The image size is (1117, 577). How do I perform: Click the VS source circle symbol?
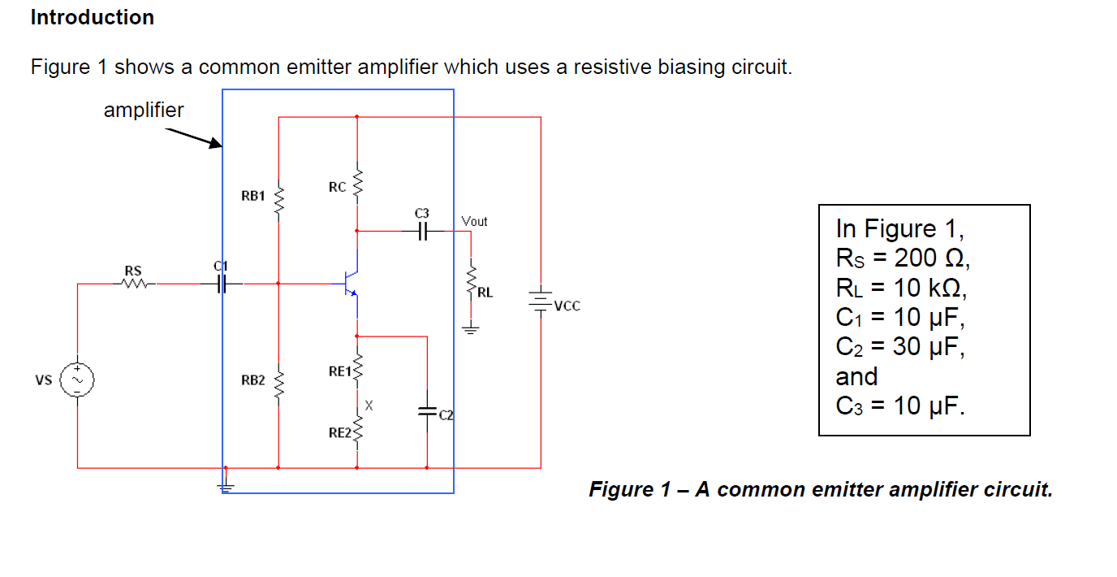click(78, 380)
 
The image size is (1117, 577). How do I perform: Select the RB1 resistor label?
click(252, 196)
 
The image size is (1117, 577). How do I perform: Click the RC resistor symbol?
click(357, 186)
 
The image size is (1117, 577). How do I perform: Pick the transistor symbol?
click(351, 284)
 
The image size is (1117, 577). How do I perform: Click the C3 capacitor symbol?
click(421, 231)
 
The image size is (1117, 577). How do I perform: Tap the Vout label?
click(474, 221)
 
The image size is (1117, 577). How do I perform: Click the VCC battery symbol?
click(541, 302)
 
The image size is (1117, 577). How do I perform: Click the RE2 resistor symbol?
click(357, 432)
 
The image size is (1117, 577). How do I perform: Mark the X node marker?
click(369, 404)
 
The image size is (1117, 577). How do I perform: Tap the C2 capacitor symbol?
click(426, 412)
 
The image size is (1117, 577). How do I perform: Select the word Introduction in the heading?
click(93, 17)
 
